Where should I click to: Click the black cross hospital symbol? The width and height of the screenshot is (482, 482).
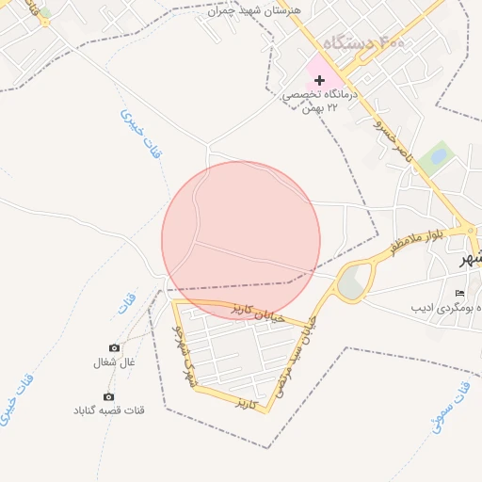click(x=319, y=81)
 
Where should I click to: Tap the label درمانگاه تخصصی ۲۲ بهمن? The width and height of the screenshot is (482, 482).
click(x=320, y=102)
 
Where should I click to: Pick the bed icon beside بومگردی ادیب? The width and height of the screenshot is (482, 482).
click(x=459, y=294)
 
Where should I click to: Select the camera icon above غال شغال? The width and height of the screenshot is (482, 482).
click(x=115, y=348)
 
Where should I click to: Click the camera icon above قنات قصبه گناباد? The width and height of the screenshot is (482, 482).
click(x=108, y=397)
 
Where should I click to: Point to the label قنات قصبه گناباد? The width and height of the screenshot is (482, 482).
click(x=109, y=410)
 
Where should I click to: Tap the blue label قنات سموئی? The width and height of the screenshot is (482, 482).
click(x=449, y=406)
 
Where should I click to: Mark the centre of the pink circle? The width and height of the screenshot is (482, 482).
click(x=241, y=240)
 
